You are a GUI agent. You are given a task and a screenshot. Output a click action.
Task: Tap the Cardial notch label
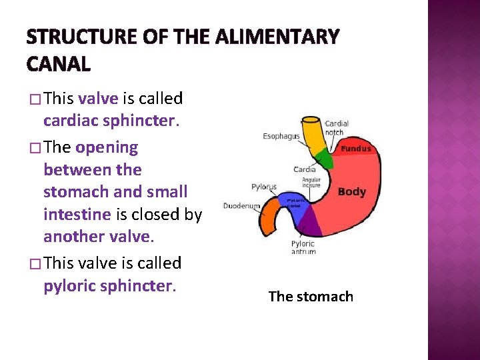click(336, 128)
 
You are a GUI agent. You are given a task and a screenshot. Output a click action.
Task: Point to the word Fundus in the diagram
click(356, 149)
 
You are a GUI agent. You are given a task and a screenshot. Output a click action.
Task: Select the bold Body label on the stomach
click(351, 192)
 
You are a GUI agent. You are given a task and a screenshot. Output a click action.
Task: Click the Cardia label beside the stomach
click(305, 169)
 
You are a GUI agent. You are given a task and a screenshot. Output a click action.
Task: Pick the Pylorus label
click(265, 187)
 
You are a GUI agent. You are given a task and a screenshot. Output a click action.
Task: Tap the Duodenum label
click(241, 206)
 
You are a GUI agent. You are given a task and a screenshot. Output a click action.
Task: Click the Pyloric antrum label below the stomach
click(303, 247)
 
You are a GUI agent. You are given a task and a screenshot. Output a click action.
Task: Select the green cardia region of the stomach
click(323, 159)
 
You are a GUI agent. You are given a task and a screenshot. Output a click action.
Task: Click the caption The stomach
click(311, 296)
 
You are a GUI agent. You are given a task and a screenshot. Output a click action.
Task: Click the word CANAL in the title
click(59, 64)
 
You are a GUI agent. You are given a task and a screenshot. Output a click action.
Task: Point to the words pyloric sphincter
click(109, 285)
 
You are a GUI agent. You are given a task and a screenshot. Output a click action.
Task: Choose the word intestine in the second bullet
click(77, 215)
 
